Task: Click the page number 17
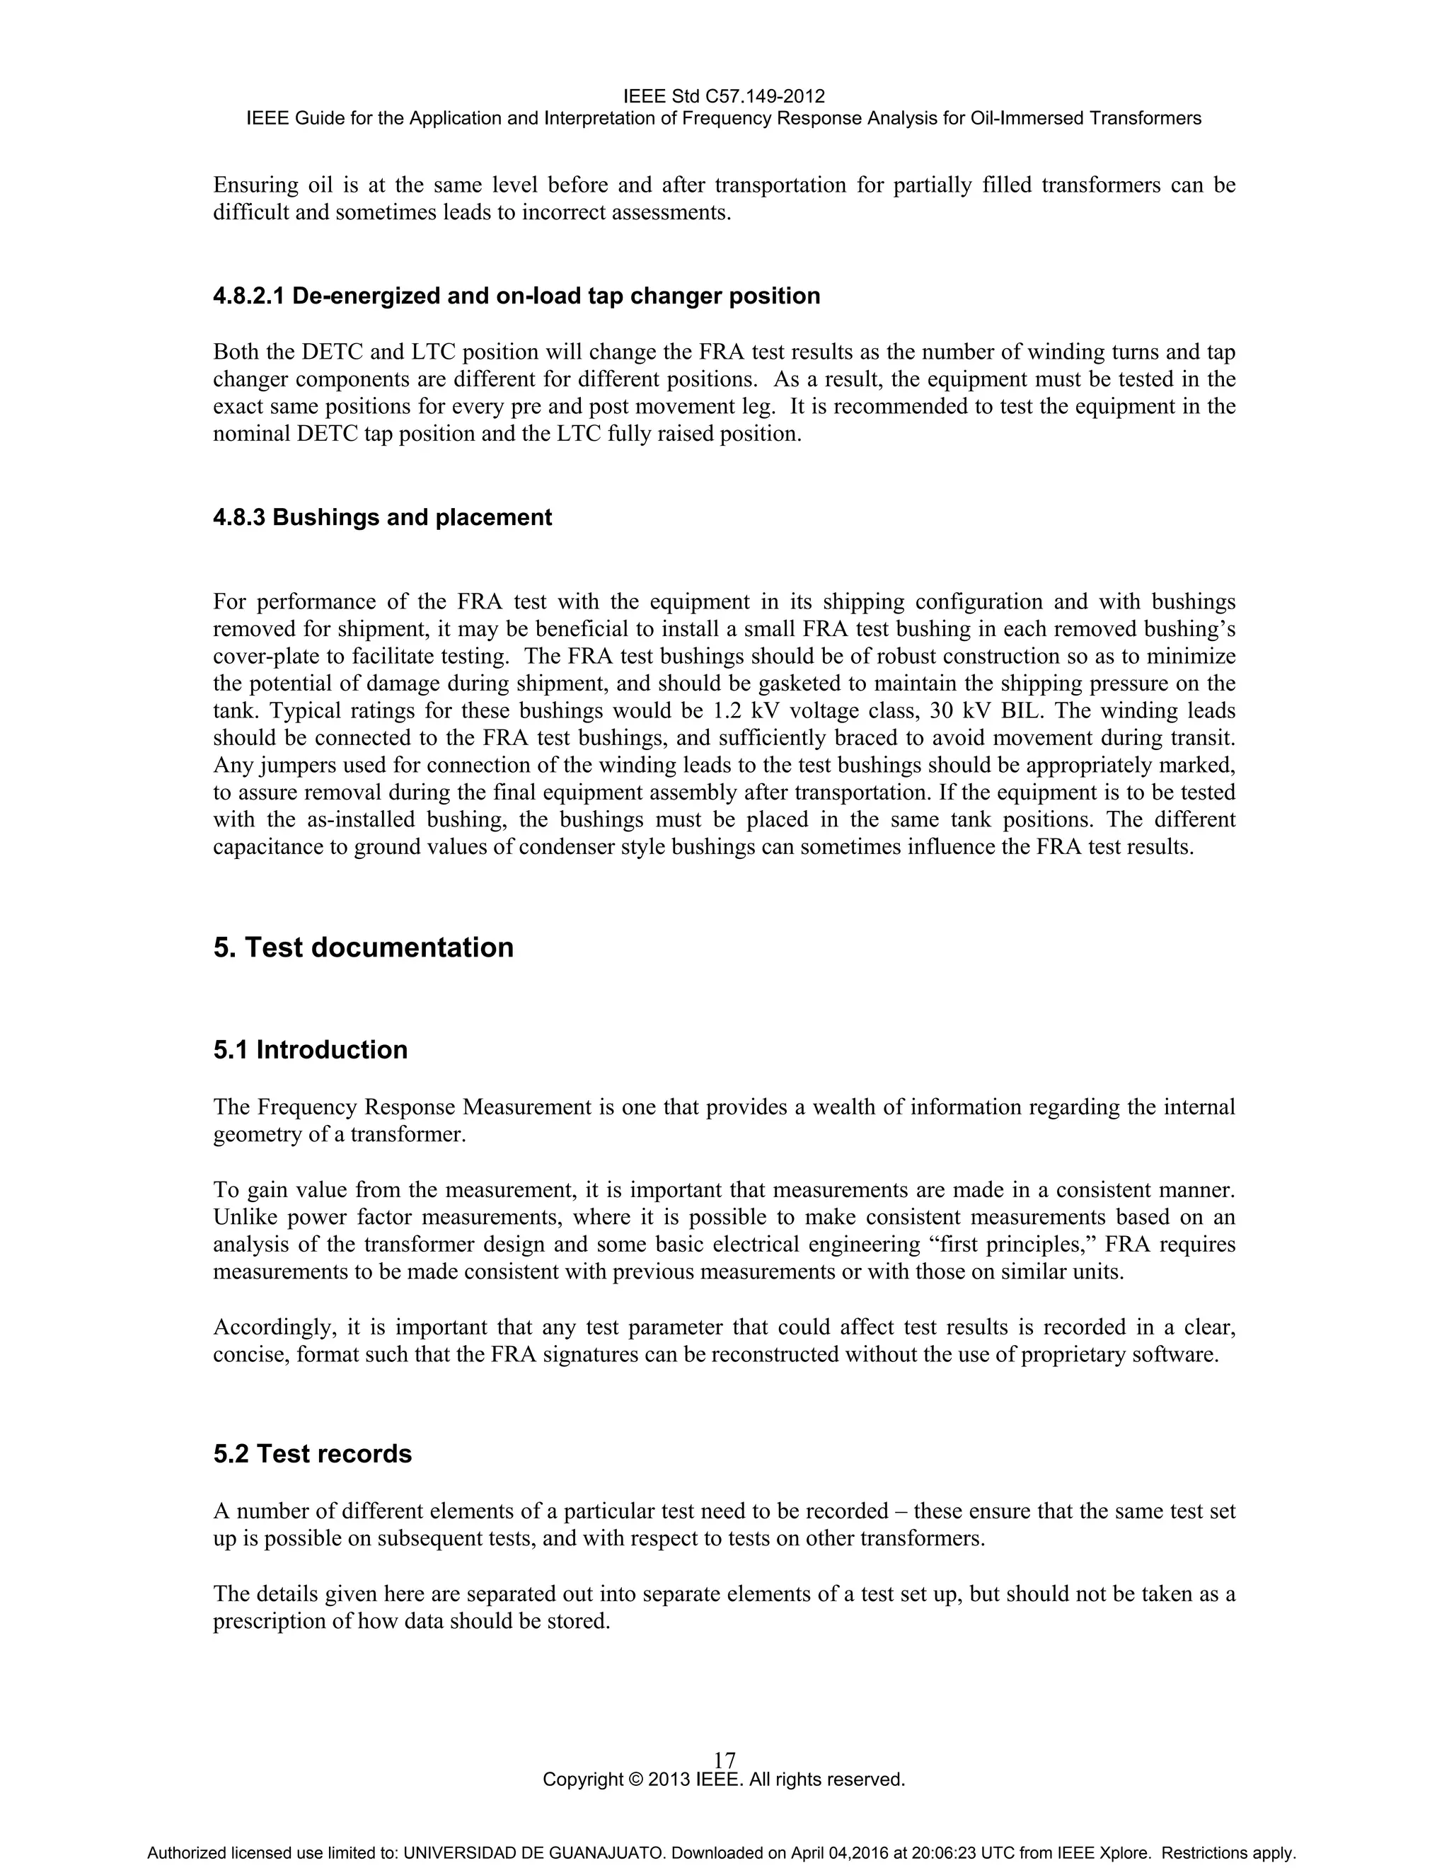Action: (724, 1760)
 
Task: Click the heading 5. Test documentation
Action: (363, 947)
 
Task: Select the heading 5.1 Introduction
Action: (310, 1050)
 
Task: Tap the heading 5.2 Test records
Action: (313, 1453)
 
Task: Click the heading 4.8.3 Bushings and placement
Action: (382, 518)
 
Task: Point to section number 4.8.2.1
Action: (248, 296)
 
